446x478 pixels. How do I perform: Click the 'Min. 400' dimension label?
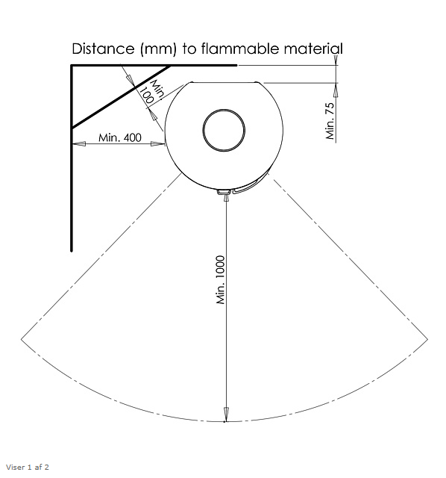coord(119,137)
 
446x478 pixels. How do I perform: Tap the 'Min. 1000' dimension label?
coord(221,280)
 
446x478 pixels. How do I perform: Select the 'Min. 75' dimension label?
coord(330,121)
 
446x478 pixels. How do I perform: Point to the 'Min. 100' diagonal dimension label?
coord(152,91)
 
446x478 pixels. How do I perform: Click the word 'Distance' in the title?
coord(103,49)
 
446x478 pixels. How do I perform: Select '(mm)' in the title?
coord(158,49)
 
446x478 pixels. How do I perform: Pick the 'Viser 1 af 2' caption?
coord(28,468)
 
